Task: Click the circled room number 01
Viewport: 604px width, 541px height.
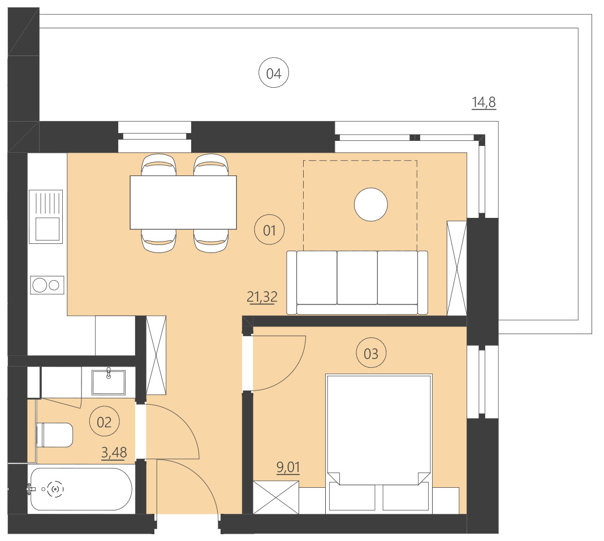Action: click(x=269, y=230)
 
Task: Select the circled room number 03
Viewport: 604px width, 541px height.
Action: click(x=370, y=354)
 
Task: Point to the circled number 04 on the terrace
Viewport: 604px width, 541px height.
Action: click(x=274, y=74)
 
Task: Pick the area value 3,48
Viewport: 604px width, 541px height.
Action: click(x=114, y=452)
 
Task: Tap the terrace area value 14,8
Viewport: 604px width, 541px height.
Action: click(x=484, y=102)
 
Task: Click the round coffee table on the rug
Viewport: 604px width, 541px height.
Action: click(x=371, y=204)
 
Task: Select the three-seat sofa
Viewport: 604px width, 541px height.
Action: click(x=357, y=282)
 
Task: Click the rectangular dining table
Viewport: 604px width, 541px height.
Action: click(x=183, y=202)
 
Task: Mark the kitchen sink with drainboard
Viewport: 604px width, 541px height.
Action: click(x=46, y=217)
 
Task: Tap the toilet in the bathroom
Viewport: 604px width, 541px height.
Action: click(x=54, y=435)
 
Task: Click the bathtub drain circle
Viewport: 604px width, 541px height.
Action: click(x=55, y=488)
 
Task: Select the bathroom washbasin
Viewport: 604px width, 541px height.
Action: click(x=109, y=381)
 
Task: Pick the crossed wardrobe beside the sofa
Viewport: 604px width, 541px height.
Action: click(x=456, y=268)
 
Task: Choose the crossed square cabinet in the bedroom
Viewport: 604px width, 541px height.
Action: click(x=275, y=497)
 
